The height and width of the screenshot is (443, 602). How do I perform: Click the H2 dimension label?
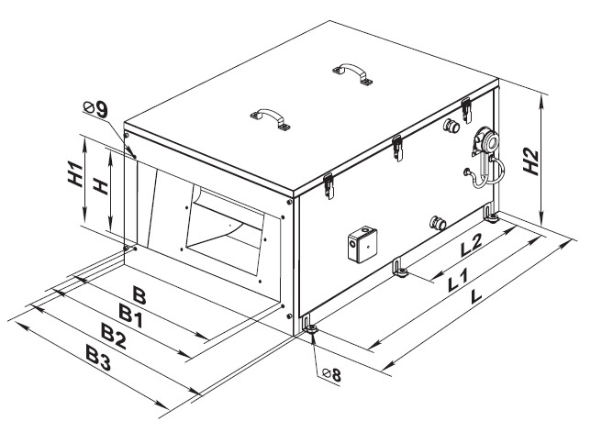point(531,161)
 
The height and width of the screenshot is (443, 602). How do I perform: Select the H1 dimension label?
point(75,174)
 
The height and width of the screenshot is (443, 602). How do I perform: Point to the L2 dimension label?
point(471,245)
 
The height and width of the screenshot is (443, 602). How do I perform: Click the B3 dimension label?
point(98,359)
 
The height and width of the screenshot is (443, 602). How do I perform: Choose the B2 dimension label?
point(113,336)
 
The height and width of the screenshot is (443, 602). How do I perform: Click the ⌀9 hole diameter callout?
point(95,109)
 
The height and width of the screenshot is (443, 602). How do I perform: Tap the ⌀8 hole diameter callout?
point(331,374)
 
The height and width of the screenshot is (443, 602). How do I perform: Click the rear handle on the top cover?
point(352,73)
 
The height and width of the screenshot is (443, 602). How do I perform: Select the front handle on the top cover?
point(271,118)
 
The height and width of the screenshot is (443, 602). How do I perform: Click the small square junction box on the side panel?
point(362,245)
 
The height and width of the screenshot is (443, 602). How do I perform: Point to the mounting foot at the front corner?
point(309,327)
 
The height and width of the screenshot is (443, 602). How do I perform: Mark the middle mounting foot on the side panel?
point(399,268)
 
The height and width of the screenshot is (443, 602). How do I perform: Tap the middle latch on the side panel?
point(397,148)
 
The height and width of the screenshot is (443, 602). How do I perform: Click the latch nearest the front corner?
point(329,186)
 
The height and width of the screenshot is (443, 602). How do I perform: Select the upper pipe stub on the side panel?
point(451,125)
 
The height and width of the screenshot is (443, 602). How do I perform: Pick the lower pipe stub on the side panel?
point(438,222)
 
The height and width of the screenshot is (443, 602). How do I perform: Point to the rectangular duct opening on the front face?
point(225,229)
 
